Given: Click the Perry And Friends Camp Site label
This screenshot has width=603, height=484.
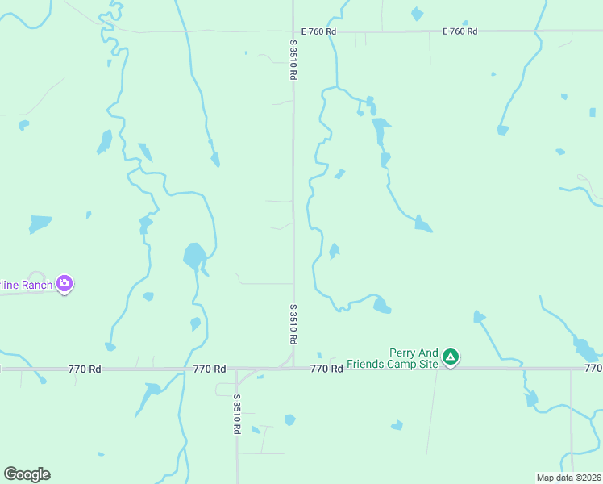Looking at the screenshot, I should (393, 358).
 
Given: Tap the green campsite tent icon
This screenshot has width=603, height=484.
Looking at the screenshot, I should (451, 357).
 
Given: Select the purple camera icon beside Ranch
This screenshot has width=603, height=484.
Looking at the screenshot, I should (64, 284).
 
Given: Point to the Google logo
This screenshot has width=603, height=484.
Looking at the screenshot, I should (27, 474).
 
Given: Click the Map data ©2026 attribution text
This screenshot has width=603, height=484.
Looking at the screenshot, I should (568, 478).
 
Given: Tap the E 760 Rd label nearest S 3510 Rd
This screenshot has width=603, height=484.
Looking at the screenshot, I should (318, 31).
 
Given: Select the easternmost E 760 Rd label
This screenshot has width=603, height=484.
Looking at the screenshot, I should (460, 31).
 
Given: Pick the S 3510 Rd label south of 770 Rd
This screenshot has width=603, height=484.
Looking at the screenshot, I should (237, 414).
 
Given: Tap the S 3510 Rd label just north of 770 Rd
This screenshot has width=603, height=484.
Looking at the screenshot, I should (293, 323).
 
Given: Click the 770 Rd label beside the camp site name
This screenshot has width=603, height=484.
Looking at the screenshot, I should (327, 368).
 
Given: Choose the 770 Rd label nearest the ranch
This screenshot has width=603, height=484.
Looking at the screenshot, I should (85, 369).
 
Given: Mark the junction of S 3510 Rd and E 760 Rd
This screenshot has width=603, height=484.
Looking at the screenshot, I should (293, 31).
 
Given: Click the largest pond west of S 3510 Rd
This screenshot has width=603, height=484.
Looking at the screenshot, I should (194, 257).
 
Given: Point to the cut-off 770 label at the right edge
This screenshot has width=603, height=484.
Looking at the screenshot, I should (593, 369).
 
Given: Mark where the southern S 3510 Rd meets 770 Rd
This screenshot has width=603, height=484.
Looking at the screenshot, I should (237, 370).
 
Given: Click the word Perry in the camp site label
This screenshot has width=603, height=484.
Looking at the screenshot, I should (402, 353).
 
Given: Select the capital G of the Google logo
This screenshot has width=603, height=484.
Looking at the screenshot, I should (10, 474).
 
